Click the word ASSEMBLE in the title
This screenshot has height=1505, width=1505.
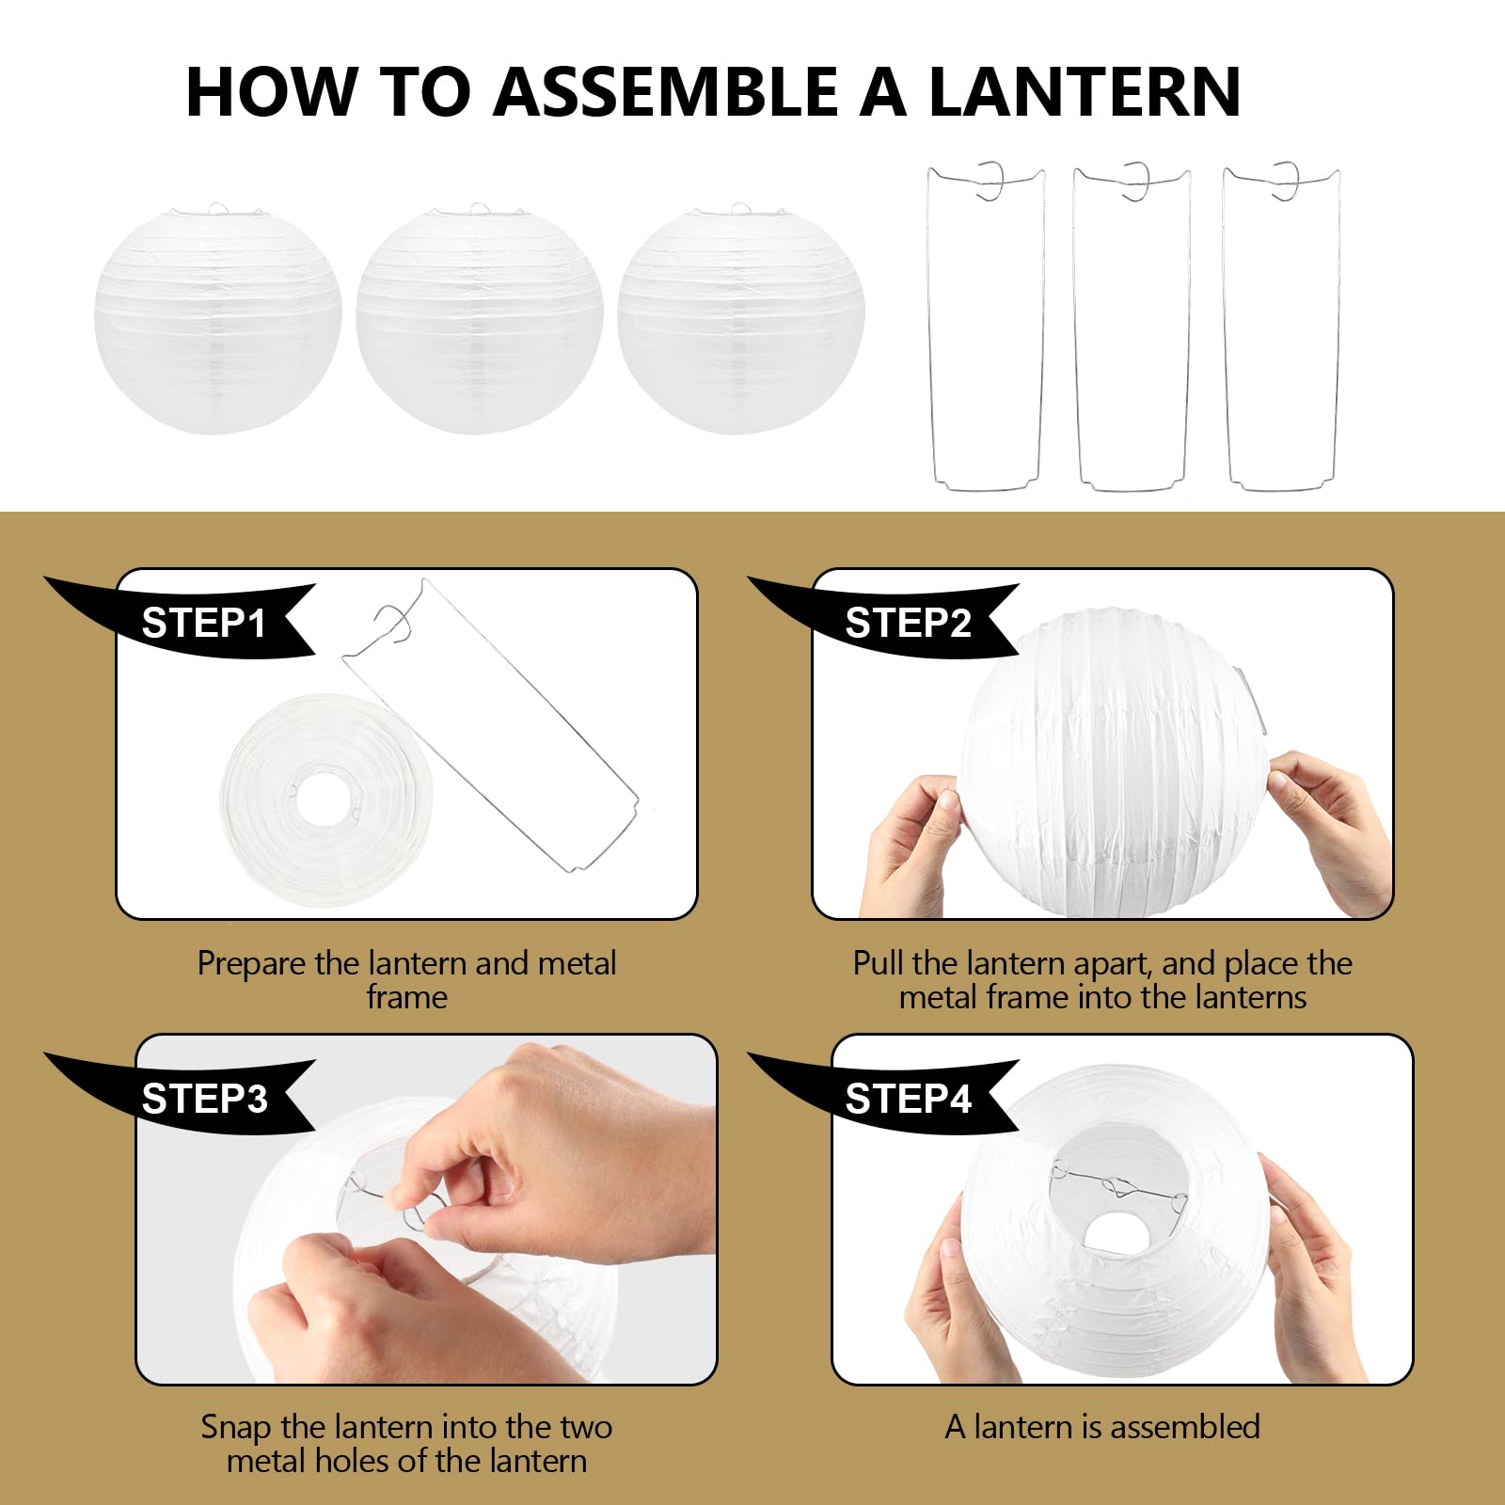point(665,92)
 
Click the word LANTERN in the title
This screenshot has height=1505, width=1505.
point(1085,92)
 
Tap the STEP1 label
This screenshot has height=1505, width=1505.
point(204,624)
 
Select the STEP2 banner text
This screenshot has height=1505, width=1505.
point(908,624)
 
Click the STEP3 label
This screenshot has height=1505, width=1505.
point(204,1099)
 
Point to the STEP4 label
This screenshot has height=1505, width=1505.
point(908,1099)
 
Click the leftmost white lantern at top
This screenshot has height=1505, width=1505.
point(217,320)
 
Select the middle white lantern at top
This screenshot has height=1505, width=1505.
point(479,320)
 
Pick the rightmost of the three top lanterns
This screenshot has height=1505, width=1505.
point(740,320)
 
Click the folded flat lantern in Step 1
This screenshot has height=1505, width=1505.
point(326,800)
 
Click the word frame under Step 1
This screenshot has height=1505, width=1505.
point(406,997)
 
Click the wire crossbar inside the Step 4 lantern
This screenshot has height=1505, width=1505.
point(1119,1187)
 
